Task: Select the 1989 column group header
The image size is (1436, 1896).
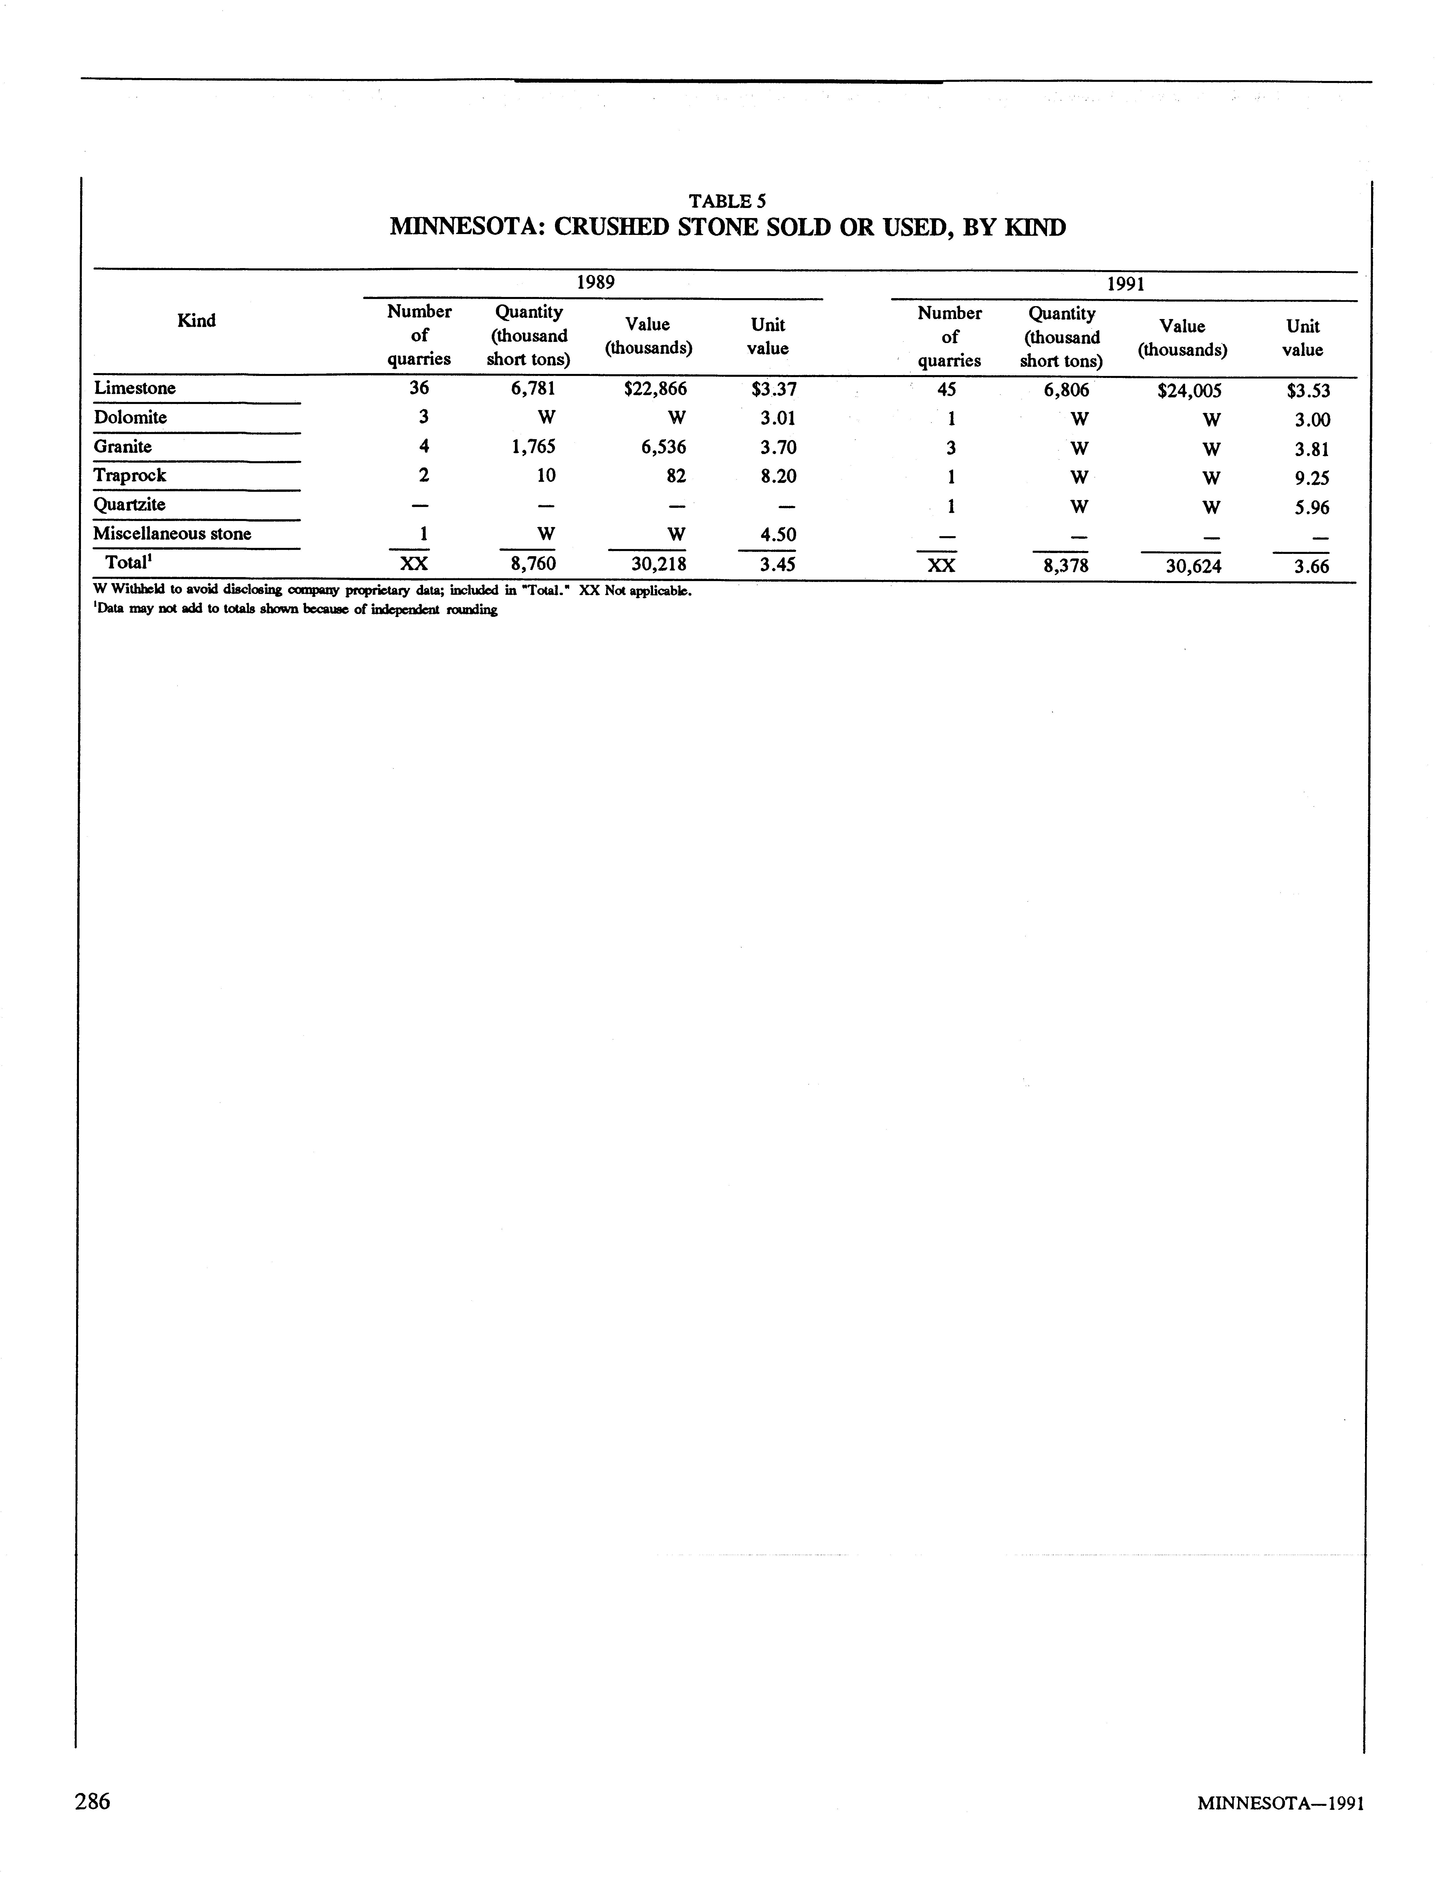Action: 595,282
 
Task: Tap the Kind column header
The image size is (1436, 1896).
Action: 196,320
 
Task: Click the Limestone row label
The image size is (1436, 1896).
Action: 134,388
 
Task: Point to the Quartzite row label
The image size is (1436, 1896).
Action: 129,504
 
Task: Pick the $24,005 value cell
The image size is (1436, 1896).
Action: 1188,391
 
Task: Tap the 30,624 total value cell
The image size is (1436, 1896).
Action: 1187,566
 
